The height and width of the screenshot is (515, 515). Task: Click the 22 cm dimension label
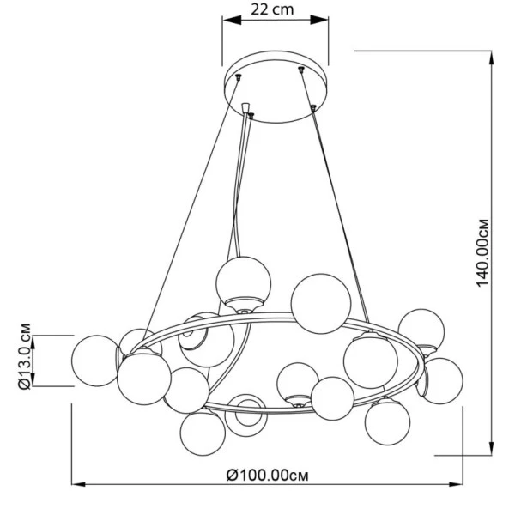[272, 9]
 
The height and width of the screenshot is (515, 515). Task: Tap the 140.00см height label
[482, 253]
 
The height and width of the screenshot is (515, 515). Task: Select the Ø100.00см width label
[267, 475]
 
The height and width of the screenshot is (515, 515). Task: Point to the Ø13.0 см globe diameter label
[25, 357]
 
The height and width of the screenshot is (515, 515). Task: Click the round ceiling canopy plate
[276, 87]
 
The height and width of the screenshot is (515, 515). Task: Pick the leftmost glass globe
[96, 360]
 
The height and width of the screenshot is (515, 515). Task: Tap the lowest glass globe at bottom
[203, 433]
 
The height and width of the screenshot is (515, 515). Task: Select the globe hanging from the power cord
[244, 283]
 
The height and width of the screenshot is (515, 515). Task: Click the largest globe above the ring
[321, 304]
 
